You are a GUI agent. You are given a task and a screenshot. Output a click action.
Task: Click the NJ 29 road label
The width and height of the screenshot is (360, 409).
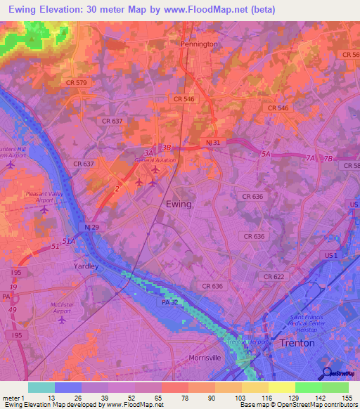(92, 228)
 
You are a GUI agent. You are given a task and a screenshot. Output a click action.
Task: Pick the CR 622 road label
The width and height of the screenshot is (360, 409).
(274, 277)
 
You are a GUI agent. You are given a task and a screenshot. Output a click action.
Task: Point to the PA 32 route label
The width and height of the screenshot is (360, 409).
(171, 302)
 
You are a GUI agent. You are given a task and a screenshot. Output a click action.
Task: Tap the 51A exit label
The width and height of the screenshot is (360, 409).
(67, 241)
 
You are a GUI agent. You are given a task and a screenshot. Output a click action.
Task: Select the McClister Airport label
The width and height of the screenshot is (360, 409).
(62, 309)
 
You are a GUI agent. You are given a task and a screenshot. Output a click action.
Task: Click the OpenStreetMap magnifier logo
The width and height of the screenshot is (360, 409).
(326, 373)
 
